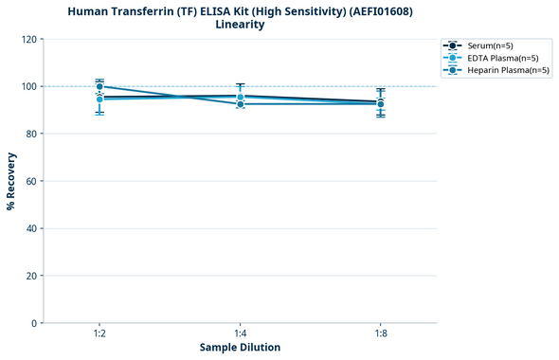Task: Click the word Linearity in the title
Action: point(240,25)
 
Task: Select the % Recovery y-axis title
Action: point(11,181)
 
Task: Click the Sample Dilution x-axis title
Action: point(240,348)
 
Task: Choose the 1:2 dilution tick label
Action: point(99,333)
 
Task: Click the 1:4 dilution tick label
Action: point(240,333)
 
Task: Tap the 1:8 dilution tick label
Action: point(380,333)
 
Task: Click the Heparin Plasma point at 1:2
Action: point(99,86)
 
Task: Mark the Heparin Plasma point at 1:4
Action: point(240,103)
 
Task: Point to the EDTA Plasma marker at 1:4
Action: point(240,97)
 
